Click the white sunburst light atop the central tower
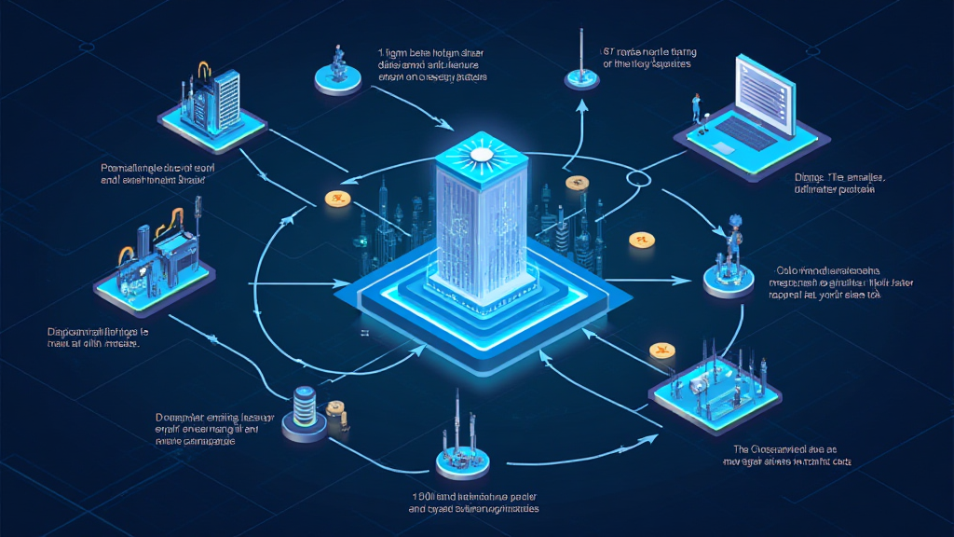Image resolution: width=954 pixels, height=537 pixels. pyautogui.click(x=482, y=153)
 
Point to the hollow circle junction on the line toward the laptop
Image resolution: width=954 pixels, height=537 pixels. pyautogui.click(x=640, y=177)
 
